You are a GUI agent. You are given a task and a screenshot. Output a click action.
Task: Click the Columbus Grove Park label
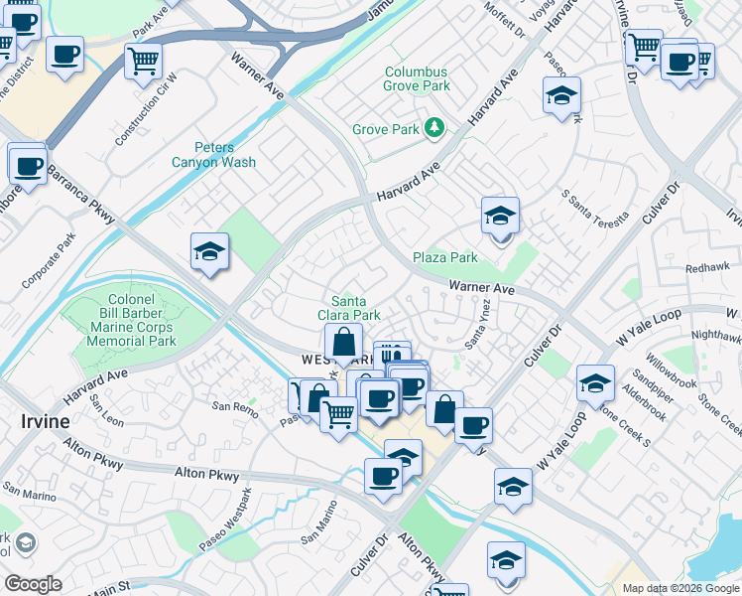click(x=417, y=79)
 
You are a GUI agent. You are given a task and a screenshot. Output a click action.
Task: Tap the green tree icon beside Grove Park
click(x=433, y=127)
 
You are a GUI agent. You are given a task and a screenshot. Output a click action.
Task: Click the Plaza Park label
click(x=445, y=257)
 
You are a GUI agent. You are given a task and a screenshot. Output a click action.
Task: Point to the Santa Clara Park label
click(x=355, y=308)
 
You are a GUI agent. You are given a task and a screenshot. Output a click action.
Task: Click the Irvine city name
click(x=45, y=421)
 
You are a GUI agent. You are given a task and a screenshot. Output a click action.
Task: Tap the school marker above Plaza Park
click(x=501, y=216)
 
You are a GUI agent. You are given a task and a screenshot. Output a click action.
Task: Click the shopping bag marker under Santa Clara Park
click(x=343, y=343)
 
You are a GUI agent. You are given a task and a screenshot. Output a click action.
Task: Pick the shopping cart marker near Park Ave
click(x=143, y=61)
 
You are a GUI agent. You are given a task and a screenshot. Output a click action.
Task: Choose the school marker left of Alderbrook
click(x=595, y=383)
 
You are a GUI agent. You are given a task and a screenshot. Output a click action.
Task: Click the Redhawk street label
click(x=707, y=268)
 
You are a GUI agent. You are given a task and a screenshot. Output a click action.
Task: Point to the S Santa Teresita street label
click(x=595, y=206)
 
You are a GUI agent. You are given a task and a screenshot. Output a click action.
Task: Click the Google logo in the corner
click(x=33, y=584)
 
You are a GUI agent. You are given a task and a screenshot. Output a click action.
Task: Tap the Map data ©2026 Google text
click(x=680, y=588)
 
